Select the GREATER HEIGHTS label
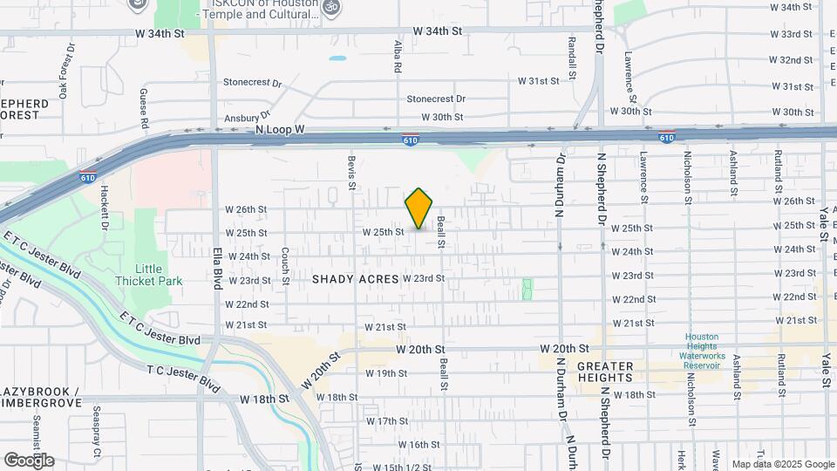pyautogui.click(x=617, y=372)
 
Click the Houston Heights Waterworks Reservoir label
pyautogui.click(x=701, y=351)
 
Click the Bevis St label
pyautogui.click(x=352, y=173)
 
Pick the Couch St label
pyautogui.click(x=285, y=265)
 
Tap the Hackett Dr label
pyautogui.click(x=103, y=207)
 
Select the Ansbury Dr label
pyautogui.click(x=243, y=116)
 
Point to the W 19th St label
pyautogui.click(x=385, y=373)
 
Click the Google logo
pyautogui.click(x=28, y=461)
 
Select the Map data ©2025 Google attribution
pyautogui.click(x=783, y=465)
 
